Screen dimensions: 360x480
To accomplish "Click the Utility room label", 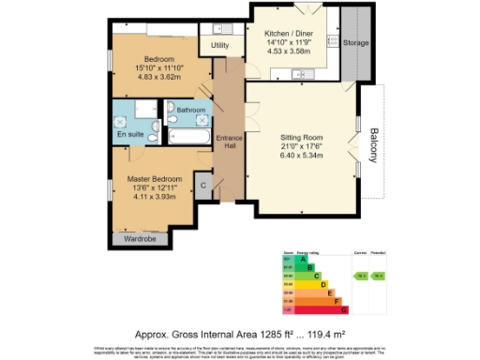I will pos(220,45).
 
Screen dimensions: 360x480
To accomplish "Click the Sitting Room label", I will pos(301,137).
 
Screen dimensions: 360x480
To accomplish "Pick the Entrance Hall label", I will pos(229,142).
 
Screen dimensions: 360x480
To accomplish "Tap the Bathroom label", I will pos(190,110).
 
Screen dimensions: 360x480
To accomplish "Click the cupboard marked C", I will pos(203,185).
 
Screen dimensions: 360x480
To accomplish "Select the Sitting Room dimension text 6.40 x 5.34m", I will pos(301,156).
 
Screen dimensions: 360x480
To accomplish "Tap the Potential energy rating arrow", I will pos(380,277).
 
